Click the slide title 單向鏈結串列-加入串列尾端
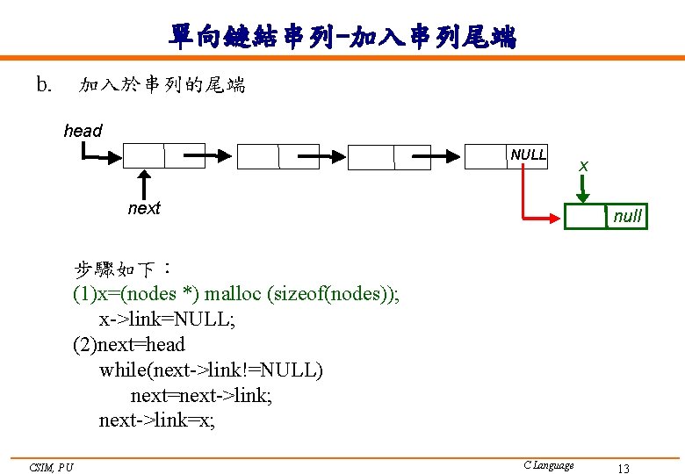(x=342, y=36)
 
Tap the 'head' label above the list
(x=83, y=131)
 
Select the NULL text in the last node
(x=528, y=154)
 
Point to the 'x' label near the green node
(x=583, y=166)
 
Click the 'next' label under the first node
(x=144, y=208)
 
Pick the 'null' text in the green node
(x=627, y=216)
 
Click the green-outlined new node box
(x=585, y=216)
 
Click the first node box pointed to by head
(x=144, y=155)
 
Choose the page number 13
(x=624, y=469)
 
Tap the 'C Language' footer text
(x=548, y=465)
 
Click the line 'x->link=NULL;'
(x=167, y=319)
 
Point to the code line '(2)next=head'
(x=129, y=344)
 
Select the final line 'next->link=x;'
(x=156, y=420)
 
